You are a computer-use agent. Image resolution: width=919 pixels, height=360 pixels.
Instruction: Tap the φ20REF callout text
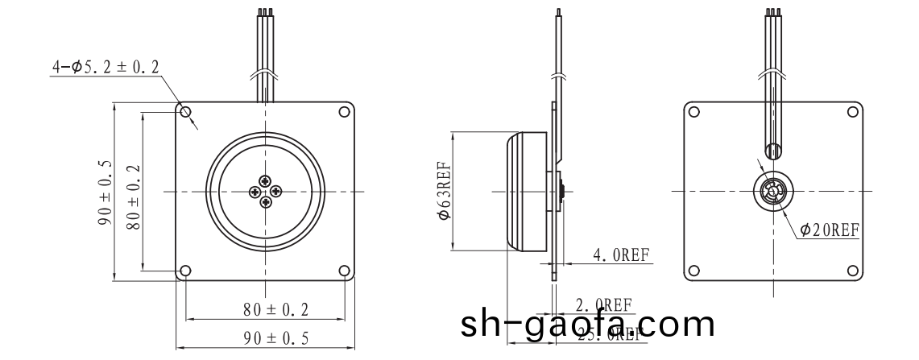(x=830, y=230)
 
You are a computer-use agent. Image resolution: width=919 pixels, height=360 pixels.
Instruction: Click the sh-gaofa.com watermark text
(x=588, y=325)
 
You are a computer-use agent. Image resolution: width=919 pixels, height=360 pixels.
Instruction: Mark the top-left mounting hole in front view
(x=186, y=112)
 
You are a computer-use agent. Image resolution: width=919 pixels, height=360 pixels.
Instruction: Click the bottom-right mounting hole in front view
(x=345, y=271)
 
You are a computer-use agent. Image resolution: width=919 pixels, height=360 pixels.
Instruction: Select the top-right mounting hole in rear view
(x=851, y=112)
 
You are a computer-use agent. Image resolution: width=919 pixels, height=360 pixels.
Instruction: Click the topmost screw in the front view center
(x=266, y=180)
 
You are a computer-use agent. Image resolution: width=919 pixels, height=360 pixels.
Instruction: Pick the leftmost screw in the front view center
(x=255, y=191)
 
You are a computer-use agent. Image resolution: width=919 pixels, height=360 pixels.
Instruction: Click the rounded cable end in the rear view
(x=772, y=151)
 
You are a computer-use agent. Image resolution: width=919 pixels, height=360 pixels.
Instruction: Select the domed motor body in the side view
(x=528, y=192)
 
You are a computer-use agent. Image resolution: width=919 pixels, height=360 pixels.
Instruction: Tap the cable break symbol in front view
(x=266, y=76)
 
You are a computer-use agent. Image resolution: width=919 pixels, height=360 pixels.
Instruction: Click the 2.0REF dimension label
(x=602, y=305)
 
